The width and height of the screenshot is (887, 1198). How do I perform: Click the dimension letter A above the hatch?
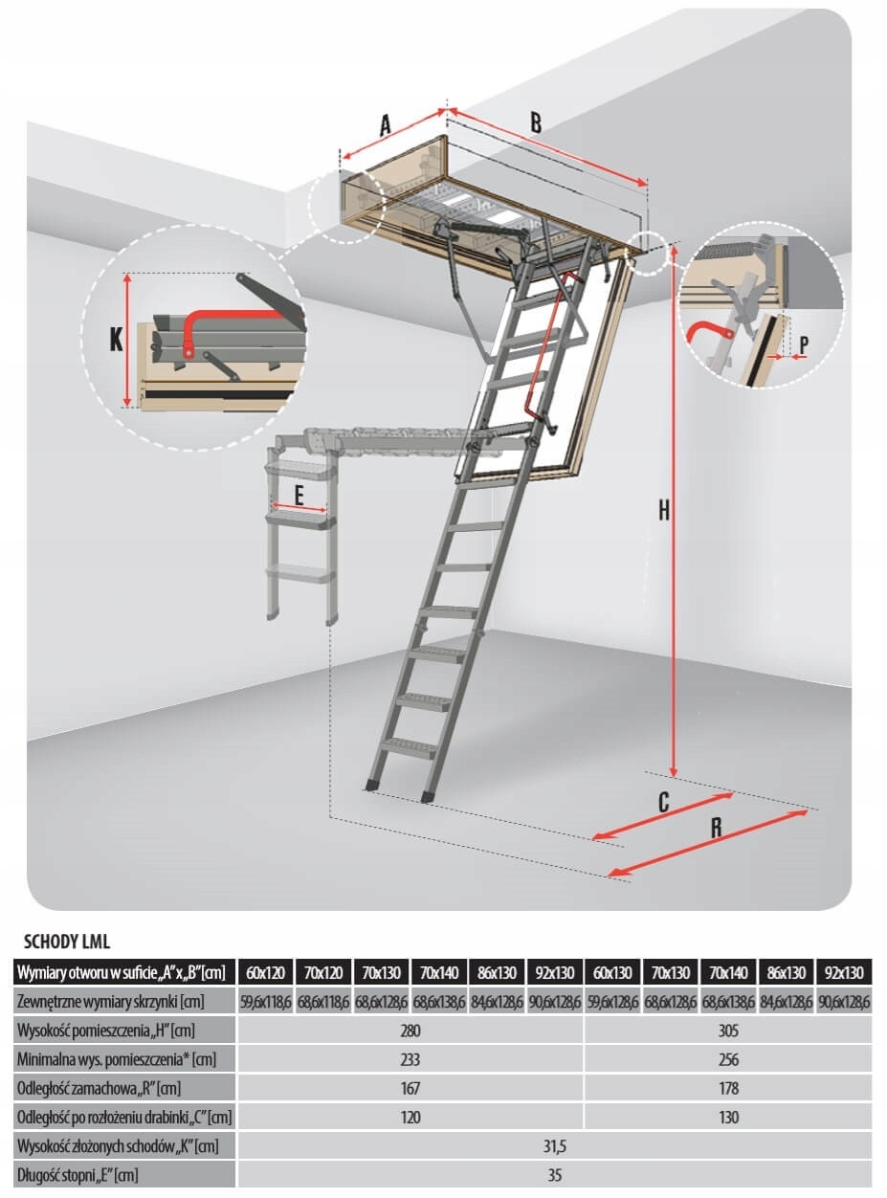pyautogui.click(x=386, y=125)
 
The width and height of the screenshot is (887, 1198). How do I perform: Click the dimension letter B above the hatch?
pyautogui.click(x=536, y=122)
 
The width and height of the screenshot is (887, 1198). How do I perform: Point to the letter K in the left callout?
pyautogui.click(x=116, y=339)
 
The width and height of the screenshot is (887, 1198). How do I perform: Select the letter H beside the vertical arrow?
pyautogui.click(x=663, y=511)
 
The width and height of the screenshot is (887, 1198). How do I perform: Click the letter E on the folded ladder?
pyautogui.click(x=299, y=496)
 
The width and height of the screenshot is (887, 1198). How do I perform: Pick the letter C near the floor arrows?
pyautogui.click(x=662, y=802)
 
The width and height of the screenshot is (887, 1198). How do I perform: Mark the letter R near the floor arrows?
pyautogui.click(x=716, y=829)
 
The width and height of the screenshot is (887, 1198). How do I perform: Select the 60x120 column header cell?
pyautogui.click(x=266, y=973)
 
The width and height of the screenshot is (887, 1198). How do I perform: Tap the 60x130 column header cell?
pyautogui.click(x=612, y=973)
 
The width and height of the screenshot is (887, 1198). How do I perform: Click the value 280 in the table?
pyautogui.click(x=410, y=1031)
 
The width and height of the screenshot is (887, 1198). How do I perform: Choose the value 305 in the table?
pyautogui.click(x=728, y=1031)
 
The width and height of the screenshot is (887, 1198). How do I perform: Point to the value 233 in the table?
pyautogui.click(x=410, y=1059)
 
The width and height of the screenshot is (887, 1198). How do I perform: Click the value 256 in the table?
pyautogui.click(x=728, y=1059)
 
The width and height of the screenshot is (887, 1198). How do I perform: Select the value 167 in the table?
pyautogui.click(x=410, y=1088)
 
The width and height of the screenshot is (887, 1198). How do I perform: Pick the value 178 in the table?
pyautogui.click(x=728, y=1088)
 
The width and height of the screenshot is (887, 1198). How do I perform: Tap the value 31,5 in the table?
pyautogui.click(x=555, y=1145)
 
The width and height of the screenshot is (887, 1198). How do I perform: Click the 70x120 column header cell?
pyautogui.click(x=323, y=973)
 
